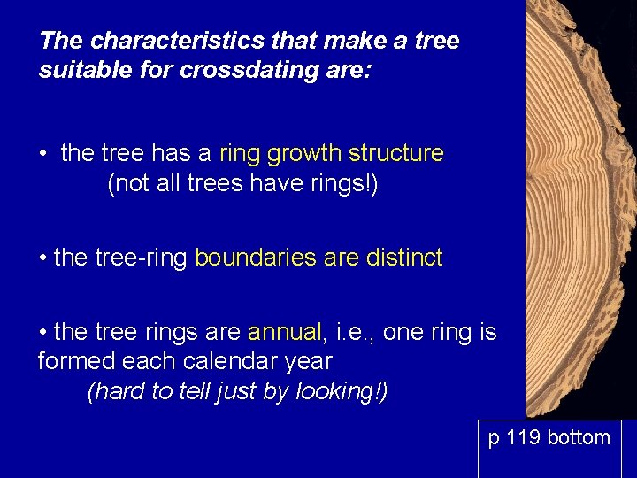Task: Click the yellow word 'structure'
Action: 395,153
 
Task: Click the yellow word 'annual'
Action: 285,332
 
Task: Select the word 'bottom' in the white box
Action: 579,437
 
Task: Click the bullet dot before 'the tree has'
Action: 42,154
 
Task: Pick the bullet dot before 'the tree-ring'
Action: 42,259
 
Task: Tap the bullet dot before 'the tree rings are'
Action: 42,333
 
